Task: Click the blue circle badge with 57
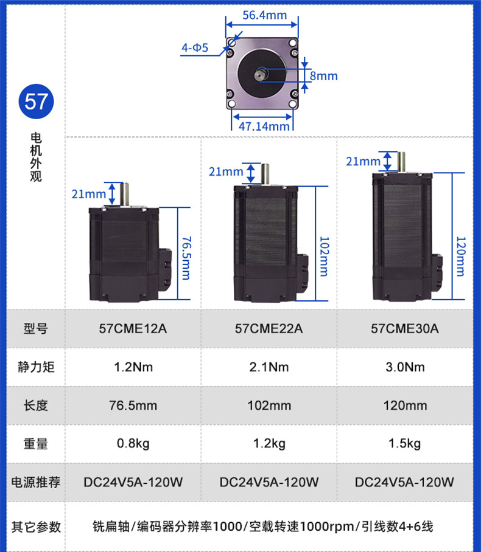tap(36, 102)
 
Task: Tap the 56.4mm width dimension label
tap(264, 15)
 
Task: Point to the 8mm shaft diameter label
tap(323, 76)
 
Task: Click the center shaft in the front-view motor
tap(261, 75)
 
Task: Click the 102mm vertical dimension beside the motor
tap(323, 255)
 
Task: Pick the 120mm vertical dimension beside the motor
tap(460, 255)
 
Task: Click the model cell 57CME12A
tap(133, 329)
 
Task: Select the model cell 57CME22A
tap(269, 329)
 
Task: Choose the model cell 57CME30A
tap(404, 329)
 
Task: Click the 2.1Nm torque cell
tap(269, 367)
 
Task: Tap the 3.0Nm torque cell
tap(404, 367)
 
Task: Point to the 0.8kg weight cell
tap(133, 444)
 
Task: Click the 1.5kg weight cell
tap(404, 444)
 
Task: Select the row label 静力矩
tap(36, 367)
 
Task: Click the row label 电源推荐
tap(36, 482)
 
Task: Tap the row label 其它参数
tap(36, 526)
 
